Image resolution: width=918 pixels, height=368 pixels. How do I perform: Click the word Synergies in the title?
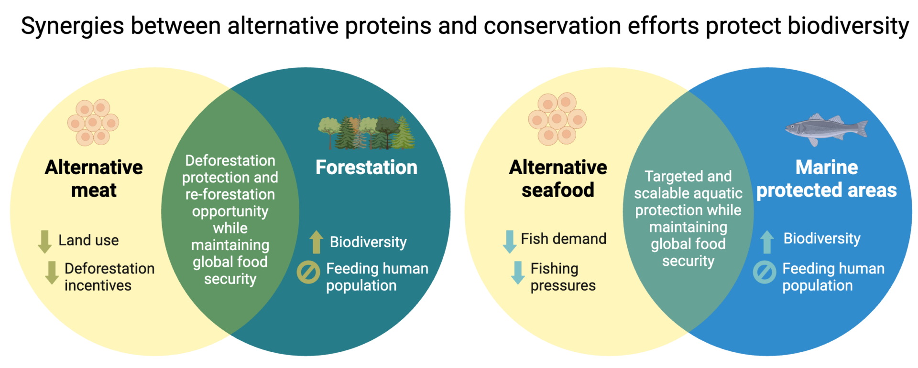(x=72, y=26)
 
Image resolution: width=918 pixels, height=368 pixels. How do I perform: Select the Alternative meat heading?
(x=94, y=179)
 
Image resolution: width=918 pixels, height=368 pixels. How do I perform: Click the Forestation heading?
(x=366, y=168)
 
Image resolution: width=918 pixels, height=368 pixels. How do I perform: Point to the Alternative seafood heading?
(x=557, y=179)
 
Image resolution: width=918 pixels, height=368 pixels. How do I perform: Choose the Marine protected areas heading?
(x=826, y=179)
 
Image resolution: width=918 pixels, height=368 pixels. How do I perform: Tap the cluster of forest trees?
(x=367, y=133)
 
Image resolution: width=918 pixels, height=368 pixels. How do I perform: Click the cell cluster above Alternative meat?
(x=93, y=123)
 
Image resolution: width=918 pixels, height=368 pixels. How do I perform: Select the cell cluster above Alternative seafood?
(x=557, y=119)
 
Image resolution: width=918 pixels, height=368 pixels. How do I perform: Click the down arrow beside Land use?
(x=45, y=241)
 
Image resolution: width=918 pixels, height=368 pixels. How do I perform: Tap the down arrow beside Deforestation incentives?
(x=52, y=272)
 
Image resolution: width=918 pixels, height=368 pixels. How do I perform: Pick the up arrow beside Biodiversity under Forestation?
(x=316, y=242)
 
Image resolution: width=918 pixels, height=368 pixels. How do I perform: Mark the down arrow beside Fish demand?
(x=509, y=241)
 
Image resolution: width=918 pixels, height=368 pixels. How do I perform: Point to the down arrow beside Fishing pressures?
(x=517, y=272)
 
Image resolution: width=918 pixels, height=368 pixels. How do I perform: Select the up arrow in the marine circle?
(x=767, y=242)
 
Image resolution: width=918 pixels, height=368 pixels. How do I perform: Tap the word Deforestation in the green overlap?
(x=230, y=161)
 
